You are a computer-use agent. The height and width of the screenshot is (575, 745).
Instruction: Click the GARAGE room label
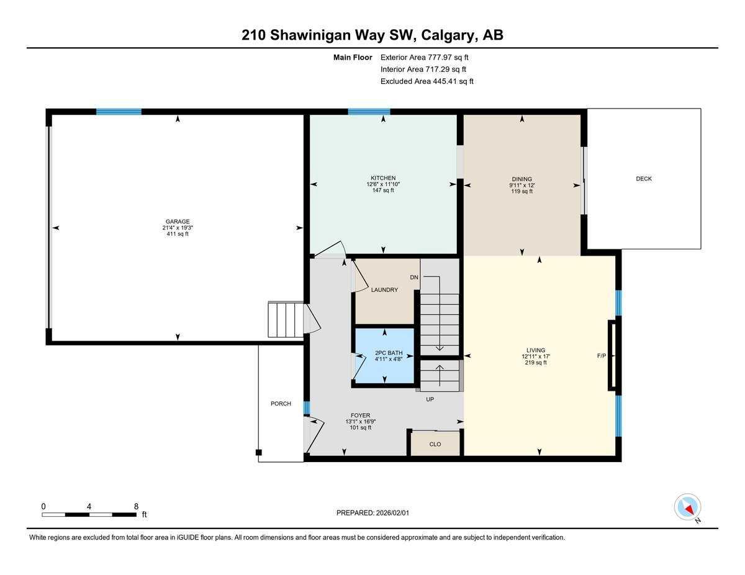[178, 221]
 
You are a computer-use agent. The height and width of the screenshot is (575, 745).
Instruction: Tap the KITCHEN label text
[383, 178]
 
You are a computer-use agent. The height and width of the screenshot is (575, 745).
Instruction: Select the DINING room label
[521, 179]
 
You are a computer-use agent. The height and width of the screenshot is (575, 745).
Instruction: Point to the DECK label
[644, 179]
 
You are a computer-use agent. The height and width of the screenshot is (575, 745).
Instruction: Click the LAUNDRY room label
[384, 290]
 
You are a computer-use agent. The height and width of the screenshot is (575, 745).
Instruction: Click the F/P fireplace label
[601, 355]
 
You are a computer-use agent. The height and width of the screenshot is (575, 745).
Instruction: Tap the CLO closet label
[435, 444]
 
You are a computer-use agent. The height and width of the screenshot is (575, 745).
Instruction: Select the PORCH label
[281, 404]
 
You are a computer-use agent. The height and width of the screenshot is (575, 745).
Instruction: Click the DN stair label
[414, 277]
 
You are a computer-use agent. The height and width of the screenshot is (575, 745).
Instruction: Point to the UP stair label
[430, 399]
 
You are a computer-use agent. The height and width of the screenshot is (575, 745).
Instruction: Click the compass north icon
[688, 507]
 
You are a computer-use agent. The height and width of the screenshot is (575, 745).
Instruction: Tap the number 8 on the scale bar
[136, 506]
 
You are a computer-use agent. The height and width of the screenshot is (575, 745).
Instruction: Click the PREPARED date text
[372, 513]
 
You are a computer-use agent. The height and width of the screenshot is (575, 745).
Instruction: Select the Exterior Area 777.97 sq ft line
[424, 57]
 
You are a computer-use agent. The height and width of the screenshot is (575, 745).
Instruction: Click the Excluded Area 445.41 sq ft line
[427, 81]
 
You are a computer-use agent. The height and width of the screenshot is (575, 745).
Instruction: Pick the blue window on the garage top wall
[119, 112]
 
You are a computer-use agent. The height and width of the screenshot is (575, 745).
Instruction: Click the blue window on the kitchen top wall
[369, 112]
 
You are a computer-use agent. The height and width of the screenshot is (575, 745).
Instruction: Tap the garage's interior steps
[285, 319]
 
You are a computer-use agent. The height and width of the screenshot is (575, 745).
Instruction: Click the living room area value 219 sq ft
[536, 363]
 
